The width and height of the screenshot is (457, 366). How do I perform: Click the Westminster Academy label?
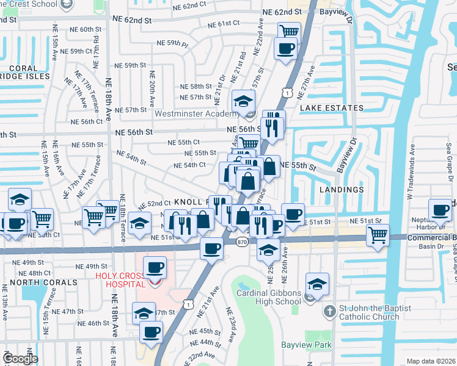[196, 113]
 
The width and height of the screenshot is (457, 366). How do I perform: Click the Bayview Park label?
[306, 345]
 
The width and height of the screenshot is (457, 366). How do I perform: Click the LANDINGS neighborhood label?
[342, 190]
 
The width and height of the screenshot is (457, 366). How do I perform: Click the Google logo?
[20, 358]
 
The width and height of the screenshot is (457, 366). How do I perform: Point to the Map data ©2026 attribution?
[430, 361]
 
